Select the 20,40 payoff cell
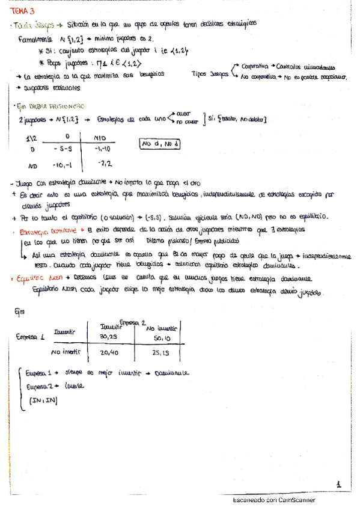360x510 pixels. pyautogui.click(x=109, y=352)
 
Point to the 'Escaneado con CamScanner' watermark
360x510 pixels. pyautogui.click(x=273, y=500)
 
